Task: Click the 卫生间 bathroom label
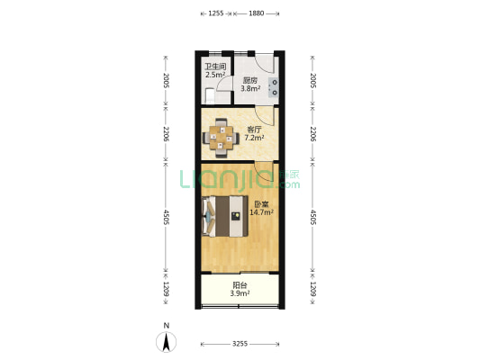tap(215, 67)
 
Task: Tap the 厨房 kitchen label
tap(250, 81)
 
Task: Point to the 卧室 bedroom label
tap(261, 204)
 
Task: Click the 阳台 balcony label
tap(240, 285)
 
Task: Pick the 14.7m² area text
tap(262, 212)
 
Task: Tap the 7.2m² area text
tap(254, 138)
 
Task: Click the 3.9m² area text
tap(240, 293)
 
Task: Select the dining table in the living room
tap(221, 138)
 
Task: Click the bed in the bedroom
tap(225, 216)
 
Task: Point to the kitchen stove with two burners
tap(274, 87)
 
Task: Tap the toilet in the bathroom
tap(210, 95)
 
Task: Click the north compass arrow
tap(167, 342)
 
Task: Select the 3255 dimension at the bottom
tap(240, 344)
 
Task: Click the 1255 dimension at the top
tap(216, 13)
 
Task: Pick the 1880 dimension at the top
tap(257, 13)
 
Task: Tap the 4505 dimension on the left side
tap(166, 217)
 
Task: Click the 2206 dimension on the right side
tap(312, 134)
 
